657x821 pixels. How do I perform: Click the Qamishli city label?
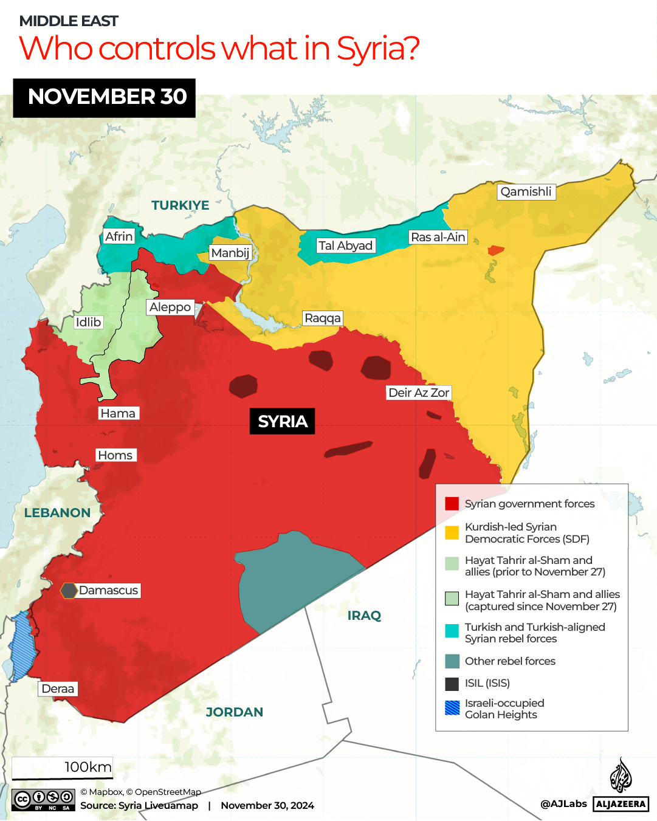tap(526, 192)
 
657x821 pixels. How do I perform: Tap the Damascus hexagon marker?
tap(69, 590)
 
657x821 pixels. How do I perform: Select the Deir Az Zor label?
tap(419, 393)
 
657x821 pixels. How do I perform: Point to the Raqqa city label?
tap(323, 318)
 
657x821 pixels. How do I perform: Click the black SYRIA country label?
tap(283, 421)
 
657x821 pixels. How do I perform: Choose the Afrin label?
tap(119, 236)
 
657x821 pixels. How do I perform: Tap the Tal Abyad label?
tap(345, 246)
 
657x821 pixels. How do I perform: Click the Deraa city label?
tap(58, 689)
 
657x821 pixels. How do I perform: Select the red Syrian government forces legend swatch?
tap(452, 504)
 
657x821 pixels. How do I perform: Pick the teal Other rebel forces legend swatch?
tap(452, 661)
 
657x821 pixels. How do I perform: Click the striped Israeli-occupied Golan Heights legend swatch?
tap(452, 708)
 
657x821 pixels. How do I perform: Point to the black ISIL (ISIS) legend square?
tap(452, 684)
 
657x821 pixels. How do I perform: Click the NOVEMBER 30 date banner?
tap(105, 98)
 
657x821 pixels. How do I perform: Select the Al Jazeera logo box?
tap(621, 803)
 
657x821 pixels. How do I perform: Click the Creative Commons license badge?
tap(43, 800)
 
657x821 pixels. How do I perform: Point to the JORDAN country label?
tap(235, 712)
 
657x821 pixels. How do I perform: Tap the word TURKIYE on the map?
tap(181, 205)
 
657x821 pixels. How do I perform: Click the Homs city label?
tap(115, 455)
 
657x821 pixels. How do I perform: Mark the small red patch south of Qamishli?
tap(495, 250)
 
